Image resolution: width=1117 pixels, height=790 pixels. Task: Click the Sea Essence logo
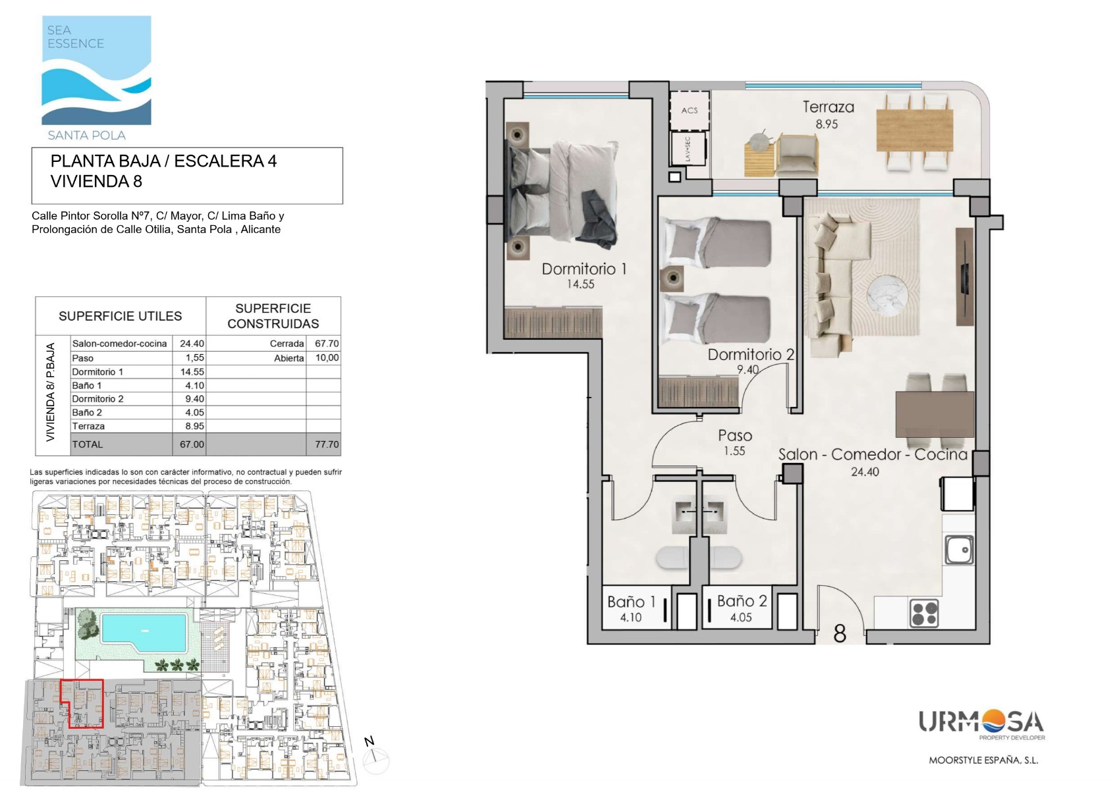pyautogui.click(x=96, y=77)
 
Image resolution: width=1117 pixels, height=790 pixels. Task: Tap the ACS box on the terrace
pyautogui.click(x=689, y=110)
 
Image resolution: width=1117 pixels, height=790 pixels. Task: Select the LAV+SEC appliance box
pyautogui.click(x=688, y=149)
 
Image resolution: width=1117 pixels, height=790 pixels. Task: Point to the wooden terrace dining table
pyautogui.click(x=915, y=130)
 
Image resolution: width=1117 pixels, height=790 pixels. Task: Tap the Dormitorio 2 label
pyautogui.click(x=751, y=354)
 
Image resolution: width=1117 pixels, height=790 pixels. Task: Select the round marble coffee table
pyautogui.click(x=887, y=296)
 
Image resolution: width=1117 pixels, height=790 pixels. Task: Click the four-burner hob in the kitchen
pyautogui.click(x=924, y=612)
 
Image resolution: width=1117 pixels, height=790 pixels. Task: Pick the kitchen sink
pyautogui.click(x=959, y=550)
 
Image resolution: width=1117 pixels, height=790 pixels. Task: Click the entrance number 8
pyautogui.click(x=840, y=633)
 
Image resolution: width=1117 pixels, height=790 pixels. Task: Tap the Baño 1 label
pyautogui.click(x=631, y=602)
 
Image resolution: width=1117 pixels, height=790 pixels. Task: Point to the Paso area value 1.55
pyautogui.click(x=734, y=451)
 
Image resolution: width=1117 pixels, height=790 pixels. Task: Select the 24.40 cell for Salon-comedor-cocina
pyautogui.click(x=192, y=344)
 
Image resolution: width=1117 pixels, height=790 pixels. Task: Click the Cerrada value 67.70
pyautogui.click(x=327, y=344)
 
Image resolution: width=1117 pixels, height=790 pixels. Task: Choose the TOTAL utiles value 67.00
pyautogui.click(x=192, y=444)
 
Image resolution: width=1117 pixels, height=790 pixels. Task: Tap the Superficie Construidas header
pyautogui.click(x=273, y=316)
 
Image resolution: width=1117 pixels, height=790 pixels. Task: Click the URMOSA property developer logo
pyautogui.click(x=982, y=725)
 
